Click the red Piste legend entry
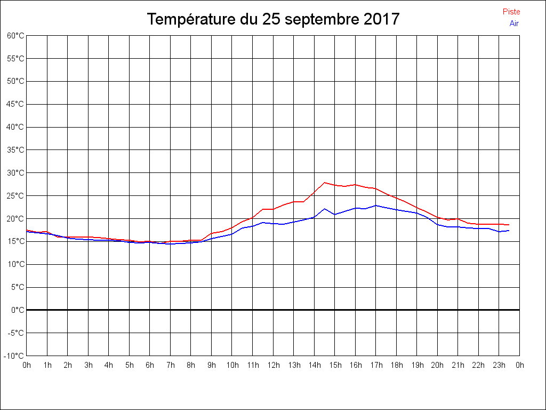[x=511, y=12]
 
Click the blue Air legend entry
[x=514, y=23]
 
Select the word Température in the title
[x=191, y=19]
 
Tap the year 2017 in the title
[x=382, y=19]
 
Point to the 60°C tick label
[x=15, y=36]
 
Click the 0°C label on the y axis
[x=18, y=310]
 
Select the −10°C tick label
[x=14, y=356]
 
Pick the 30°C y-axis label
[x=15, y=173]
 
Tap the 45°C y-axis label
[x=15, y=104]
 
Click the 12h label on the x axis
[x=273, y=365]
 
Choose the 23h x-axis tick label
[x=499, y=365]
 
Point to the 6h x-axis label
[x=150, y=365]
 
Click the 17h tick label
[x=376, y=365]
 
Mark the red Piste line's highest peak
[x=325, y=183]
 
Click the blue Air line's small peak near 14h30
[x=325, y=209]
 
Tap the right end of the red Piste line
[x=509, y=225]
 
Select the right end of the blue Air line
[x=509, y=231]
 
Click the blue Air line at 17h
[x=376, y=206]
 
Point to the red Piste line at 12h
[x=273, y=209]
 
